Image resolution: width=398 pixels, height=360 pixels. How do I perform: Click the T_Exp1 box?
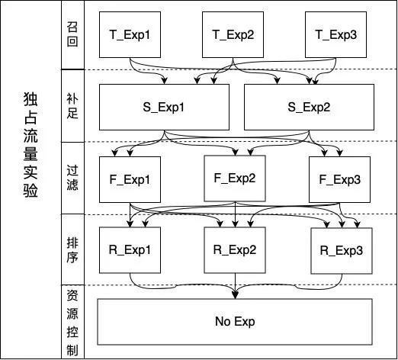coord(130,34)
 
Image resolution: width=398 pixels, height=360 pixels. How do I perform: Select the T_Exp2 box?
coord(233,34)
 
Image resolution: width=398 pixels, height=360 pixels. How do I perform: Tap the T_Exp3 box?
coord(335,34)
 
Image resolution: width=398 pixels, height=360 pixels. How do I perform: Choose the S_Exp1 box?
coord(164,107)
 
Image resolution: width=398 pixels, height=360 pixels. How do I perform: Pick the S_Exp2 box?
coord(309,107)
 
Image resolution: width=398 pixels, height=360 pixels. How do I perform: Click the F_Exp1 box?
coord(130,179)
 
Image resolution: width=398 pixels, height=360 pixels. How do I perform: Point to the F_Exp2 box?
coord(235,178)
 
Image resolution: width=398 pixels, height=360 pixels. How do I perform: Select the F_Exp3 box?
coord(339,179)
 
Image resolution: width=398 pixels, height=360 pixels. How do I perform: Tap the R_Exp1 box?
coord(130,250)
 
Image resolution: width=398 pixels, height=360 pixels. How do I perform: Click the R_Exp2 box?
coord(235,250)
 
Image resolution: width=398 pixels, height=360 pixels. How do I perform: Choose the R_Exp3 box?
coord(342,251)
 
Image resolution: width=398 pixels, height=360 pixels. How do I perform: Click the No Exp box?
coord(235,322)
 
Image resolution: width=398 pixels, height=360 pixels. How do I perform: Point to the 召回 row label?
coord(72,34)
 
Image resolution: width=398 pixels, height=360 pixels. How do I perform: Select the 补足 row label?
coord(72,106)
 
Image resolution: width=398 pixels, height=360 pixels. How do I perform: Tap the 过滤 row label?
coord(72,178)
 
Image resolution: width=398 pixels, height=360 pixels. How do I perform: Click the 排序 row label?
coord(72,250)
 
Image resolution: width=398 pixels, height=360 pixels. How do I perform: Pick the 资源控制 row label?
coord(72,323)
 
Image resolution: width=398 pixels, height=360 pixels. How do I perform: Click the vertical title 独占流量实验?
coord(30,145)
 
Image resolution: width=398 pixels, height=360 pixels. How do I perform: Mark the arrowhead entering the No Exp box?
coord(236,296)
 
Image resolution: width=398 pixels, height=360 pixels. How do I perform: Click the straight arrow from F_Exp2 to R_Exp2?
coord(236,214)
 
